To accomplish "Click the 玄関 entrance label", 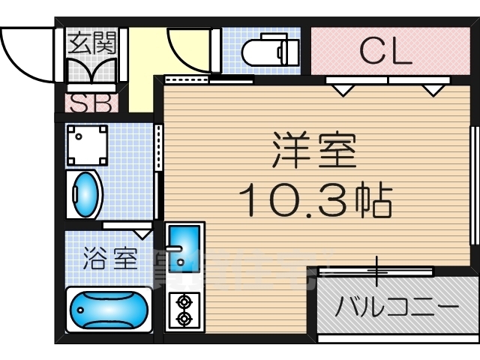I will [x=91, y=43].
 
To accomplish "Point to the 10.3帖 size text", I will [x=316, y=199].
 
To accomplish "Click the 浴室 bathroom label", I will [x=109, y=259].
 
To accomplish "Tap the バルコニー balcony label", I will [x=397, y=307].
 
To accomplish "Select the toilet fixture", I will [x=271, y=52].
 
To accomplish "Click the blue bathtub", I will [x=109, y=308].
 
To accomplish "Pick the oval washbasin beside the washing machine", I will [x=85, y=195].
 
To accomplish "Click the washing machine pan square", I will [x=87, y=145].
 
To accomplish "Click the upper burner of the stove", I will [x=183, y=302].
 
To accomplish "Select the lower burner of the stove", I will [x=183, y=318].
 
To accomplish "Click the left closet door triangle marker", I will [x=344, y=90].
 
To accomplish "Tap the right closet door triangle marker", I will [x=431, y=90].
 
